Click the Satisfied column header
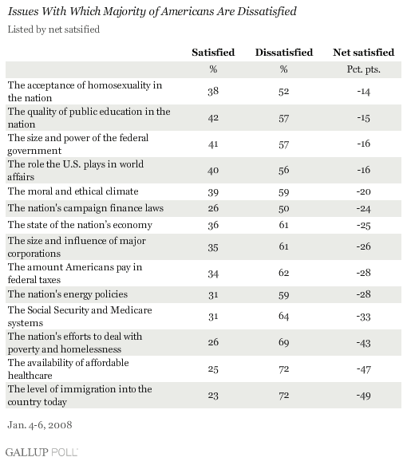pos(213,53)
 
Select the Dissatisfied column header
pos(284,53)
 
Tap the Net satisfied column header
pos(363,53)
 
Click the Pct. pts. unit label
pos(363,69)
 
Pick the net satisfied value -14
pos(363,92)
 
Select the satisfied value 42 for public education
pos(213,118)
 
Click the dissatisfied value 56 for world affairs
pos(284,170)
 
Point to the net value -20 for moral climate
pos(363,191)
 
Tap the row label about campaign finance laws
pos(85,208)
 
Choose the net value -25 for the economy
pos(363,225)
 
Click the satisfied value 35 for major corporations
pos(213,247)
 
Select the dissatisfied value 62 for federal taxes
pos(284,273)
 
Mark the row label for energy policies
pos(68,294)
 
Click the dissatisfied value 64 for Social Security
pos(284,317)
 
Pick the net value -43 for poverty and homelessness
pos(363,343)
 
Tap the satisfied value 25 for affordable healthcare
pos(213,369)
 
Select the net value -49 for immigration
pos(363,396)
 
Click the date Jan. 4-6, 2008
pos(40,425)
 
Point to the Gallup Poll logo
pos(41,452)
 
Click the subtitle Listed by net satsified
pos(53,30)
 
